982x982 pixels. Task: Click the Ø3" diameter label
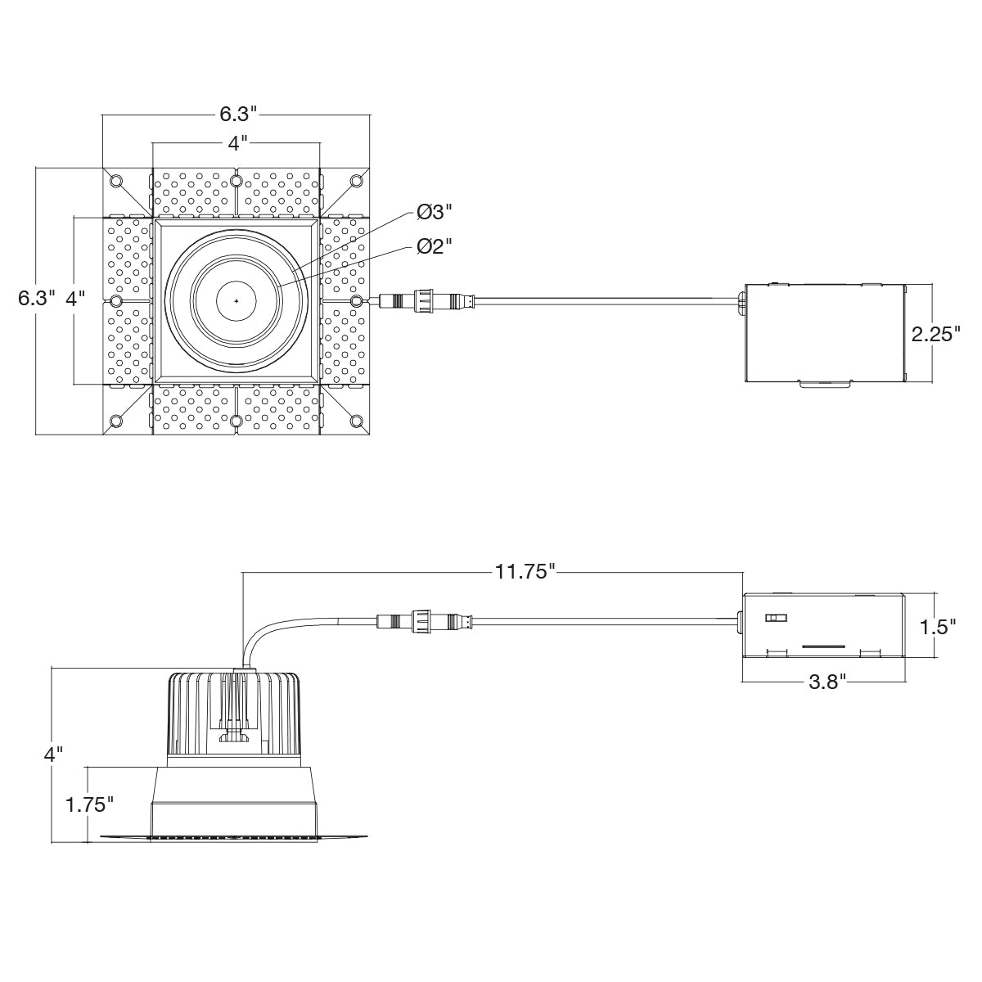(x=434, y=212)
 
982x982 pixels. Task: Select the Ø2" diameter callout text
(x=434, y=245)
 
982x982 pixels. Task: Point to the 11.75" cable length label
(x=525, y=572)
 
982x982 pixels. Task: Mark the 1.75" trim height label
(x=88, y=804)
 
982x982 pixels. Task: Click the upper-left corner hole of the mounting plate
(x=115, y=180)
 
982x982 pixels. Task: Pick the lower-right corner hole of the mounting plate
(x=357, y=421)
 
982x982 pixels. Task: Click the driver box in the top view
(x=826, y=334)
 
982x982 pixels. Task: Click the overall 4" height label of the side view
(x=54, y=755)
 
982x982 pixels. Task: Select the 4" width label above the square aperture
(x=237, y=143)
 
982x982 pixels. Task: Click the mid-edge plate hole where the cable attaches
(x=357, y=301)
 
